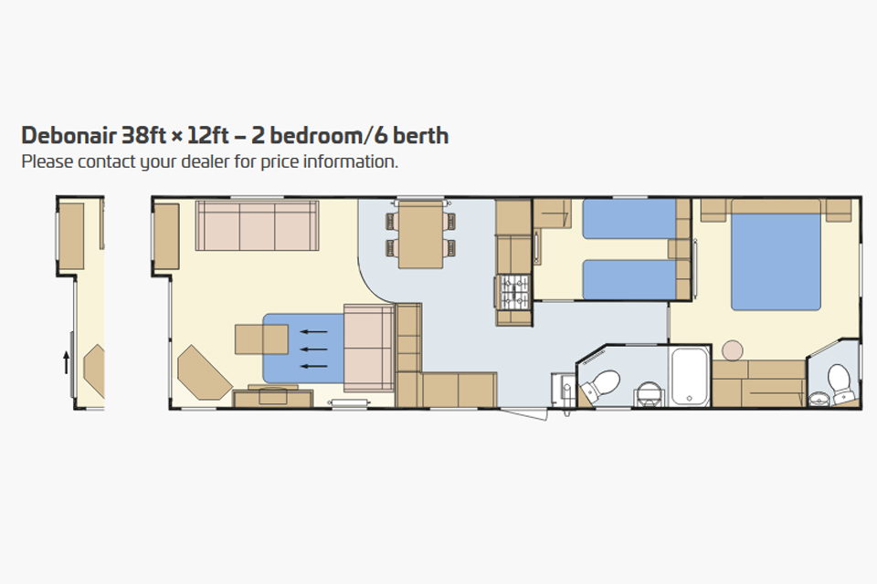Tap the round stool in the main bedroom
coord(733,349)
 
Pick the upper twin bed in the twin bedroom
coord(629,219)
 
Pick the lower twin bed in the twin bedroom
coord(629,279)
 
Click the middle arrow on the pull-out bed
coord(314,349)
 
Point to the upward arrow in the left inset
coord(66,361)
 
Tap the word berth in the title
coord(421,136)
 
